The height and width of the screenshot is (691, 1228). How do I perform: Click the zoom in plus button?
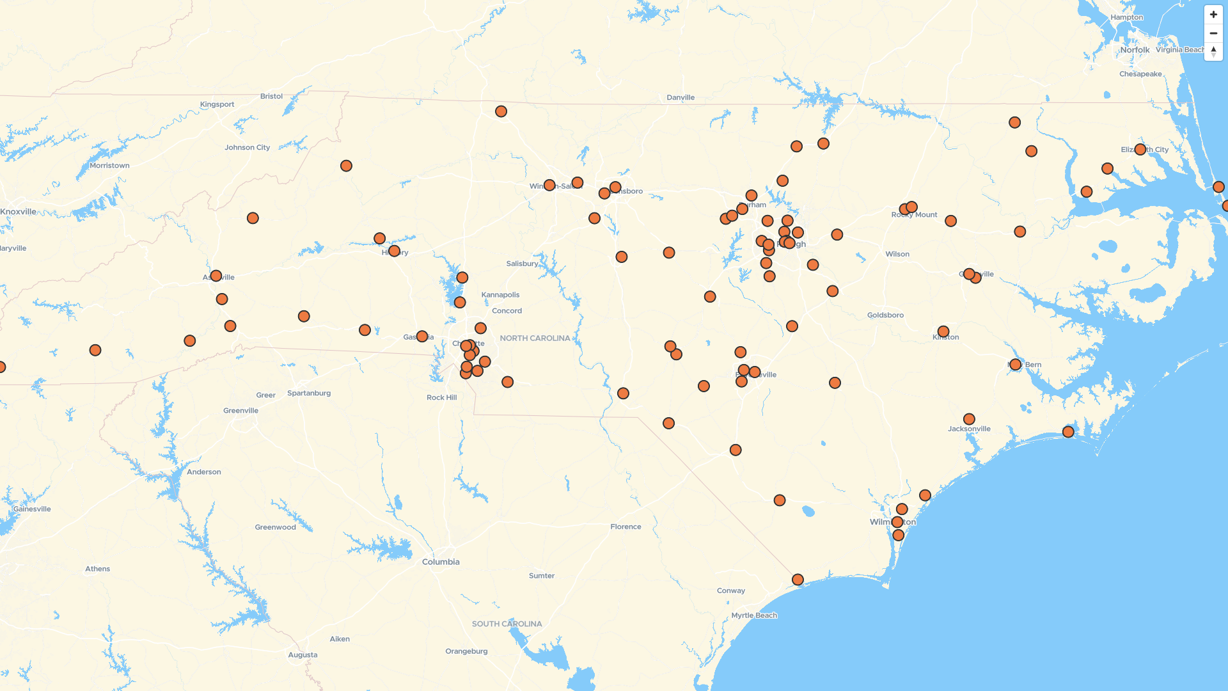(x=1213, y=14)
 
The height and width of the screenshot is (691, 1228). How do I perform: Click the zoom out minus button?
(x=1213, y=33)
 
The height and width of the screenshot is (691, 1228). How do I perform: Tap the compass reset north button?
(x=1213, y=51)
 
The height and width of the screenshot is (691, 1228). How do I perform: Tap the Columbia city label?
(x=441, y=562)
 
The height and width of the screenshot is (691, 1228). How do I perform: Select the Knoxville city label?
(x=19, y=212)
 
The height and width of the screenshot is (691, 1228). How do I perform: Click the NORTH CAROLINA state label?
(x=535, y=338)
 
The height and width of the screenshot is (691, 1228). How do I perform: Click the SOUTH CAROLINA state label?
(x=507, y=624)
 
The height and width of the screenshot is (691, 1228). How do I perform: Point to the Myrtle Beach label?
(x=754, y=616)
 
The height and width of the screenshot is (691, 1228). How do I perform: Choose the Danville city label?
(x=681, y=97)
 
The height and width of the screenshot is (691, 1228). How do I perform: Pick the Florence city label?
(x=626, y=527)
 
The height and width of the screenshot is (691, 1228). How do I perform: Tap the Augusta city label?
(x=303, y=655)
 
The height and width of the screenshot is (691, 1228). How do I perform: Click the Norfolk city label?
(x=1135, y=50)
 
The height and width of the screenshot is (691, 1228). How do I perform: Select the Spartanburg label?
(x=309, y=393)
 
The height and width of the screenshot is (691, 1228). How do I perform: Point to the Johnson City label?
(x=247, y=147)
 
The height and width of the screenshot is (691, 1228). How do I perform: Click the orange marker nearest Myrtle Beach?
(x=798, y=580)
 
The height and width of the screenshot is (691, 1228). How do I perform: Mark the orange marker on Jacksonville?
(x=969, y=419)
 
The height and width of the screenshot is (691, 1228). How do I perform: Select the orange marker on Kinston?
(x=943, y=331)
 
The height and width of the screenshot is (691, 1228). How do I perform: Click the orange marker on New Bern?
(x=1015, y=365)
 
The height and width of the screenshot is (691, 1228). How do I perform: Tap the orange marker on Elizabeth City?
(x=1140, y=149)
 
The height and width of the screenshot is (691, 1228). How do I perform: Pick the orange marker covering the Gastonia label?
(x=421, y=336)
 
